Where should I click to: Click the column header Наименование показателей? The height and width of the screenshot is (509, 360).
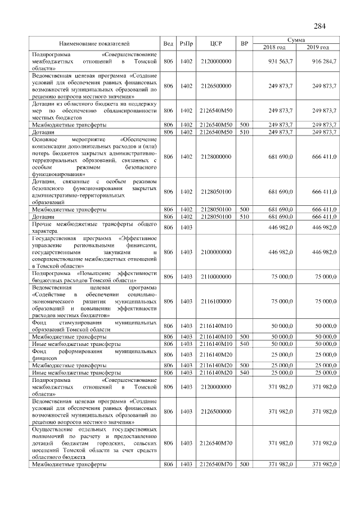pyautogui.click(x=94, y=43)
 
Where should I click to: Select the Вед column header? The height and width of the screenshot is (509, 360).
pyautogui.click(x=168, y=43)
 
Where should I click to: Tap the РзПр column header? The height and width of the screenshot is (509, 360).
pyautogui.click(x=186, y=43)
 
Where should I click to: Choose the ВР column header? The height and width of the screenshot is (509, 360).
pyautogui.click(x=244, y=43)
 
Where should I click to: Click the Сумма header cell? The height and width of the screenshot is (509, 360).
pyautogui.click(x=296, y=40)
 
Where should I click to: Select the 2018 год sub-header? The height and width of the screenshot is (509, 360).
pyautogui.click(x=274, y=47)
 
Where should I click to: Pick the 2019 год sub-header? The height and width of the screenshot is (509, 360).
pyautogui.click(x=318, y=47)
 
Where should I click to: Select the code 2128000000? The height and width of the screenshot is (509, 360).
pyautogui.click(x=216, y=156)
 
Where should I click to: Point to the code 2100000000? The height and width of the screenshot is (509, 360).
pyautogui.click(x=216, y=253)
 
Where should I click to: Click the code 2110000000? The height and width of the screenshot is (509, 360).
pyautogui.click(x=216, y=277)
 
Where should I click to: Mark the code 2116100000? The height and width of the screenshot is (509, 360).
pyautogui.click(x=216, y=301)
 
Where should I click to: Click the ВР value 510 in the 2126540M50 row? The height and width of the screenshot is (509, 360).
pyautogui.click(x=244, y=132)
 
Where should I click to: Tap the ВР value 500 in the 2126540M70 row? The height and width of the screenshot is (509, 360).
pyautogui.click(x=244, y=464)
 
